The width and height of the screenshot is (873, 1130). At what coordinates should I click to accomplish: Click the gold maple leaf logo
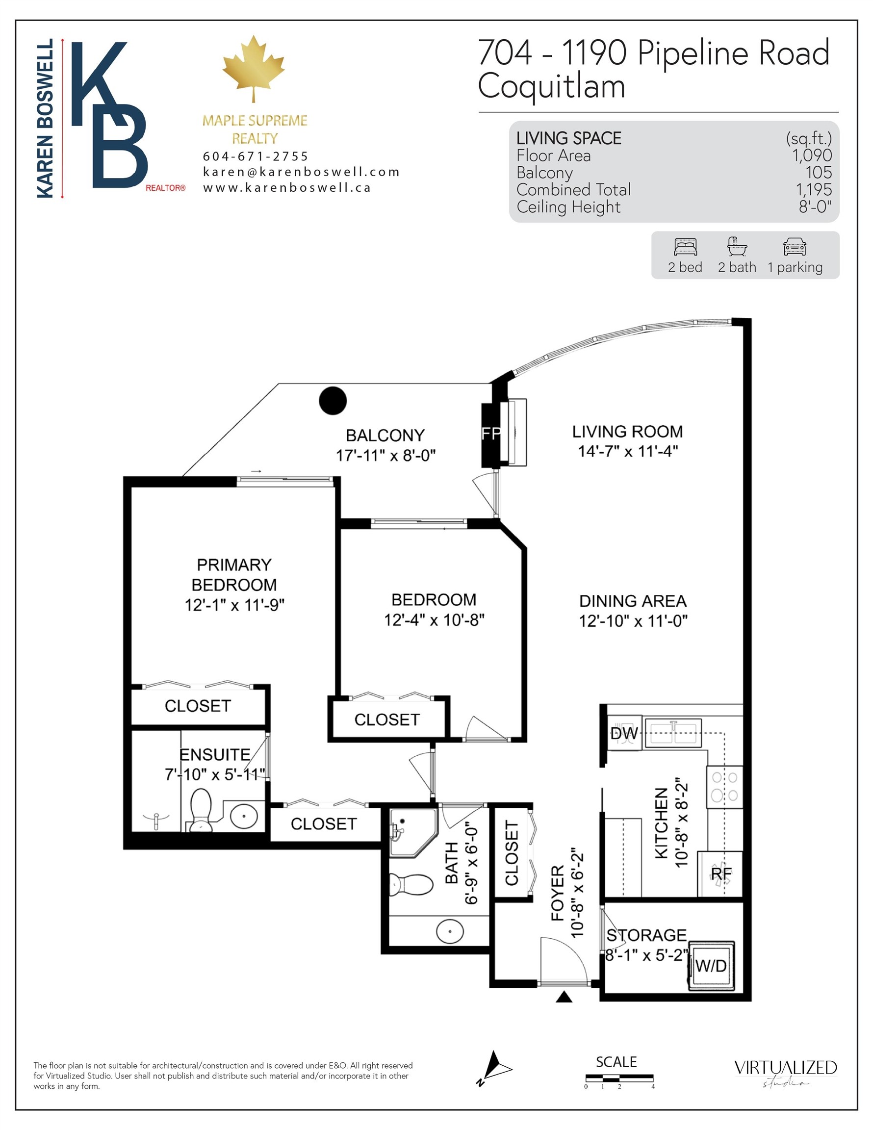click(254, 68)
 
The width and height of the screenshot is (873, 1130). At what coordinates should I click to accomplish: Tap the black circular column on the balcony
click(333, 401)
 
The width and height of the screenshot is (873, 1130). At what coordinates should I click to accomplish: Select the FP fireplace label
click(490, 433)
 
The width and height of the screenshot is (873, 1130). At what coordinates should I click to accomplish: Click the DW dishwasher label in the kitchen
click(623, 733)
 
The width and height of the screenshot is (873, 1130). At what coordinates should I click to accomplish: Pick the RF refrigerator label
click(721, 873)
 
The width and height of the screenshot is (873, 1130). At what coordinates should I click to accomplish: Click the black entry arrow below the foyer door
click(564, 997)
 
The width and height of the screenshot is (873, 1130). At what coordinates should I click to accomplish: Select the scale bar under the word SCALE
click(619, 1079)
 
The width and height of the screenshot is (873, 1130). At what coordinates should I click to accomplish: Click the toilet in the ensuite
click(201, 810)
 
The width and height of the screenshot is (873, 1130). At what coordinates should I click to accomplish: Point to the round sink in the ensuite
click(244, 817)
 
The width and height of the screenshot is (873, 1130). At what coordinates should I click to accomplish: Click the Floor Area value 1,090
click(812, 155)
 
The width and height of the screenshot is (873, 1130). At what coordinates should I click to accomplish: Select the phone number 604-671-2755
click(256, 156)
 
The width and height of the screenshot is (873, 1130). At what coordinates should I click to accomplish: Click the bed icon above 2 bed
click(685, 247)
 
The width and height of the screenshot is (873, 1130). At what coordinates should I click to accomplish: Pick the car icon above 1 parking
click(795, 247)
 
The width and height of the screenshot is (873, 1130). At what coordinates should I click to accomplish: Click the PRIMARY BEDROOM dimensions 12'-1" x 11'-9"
click(234, 605)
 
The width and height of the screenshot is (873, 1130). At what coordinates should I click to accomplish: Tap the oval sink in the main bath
click(450, 931)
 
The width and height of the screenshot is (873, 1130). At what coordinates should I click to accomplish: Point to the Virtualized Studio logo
click(786, 1068)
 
